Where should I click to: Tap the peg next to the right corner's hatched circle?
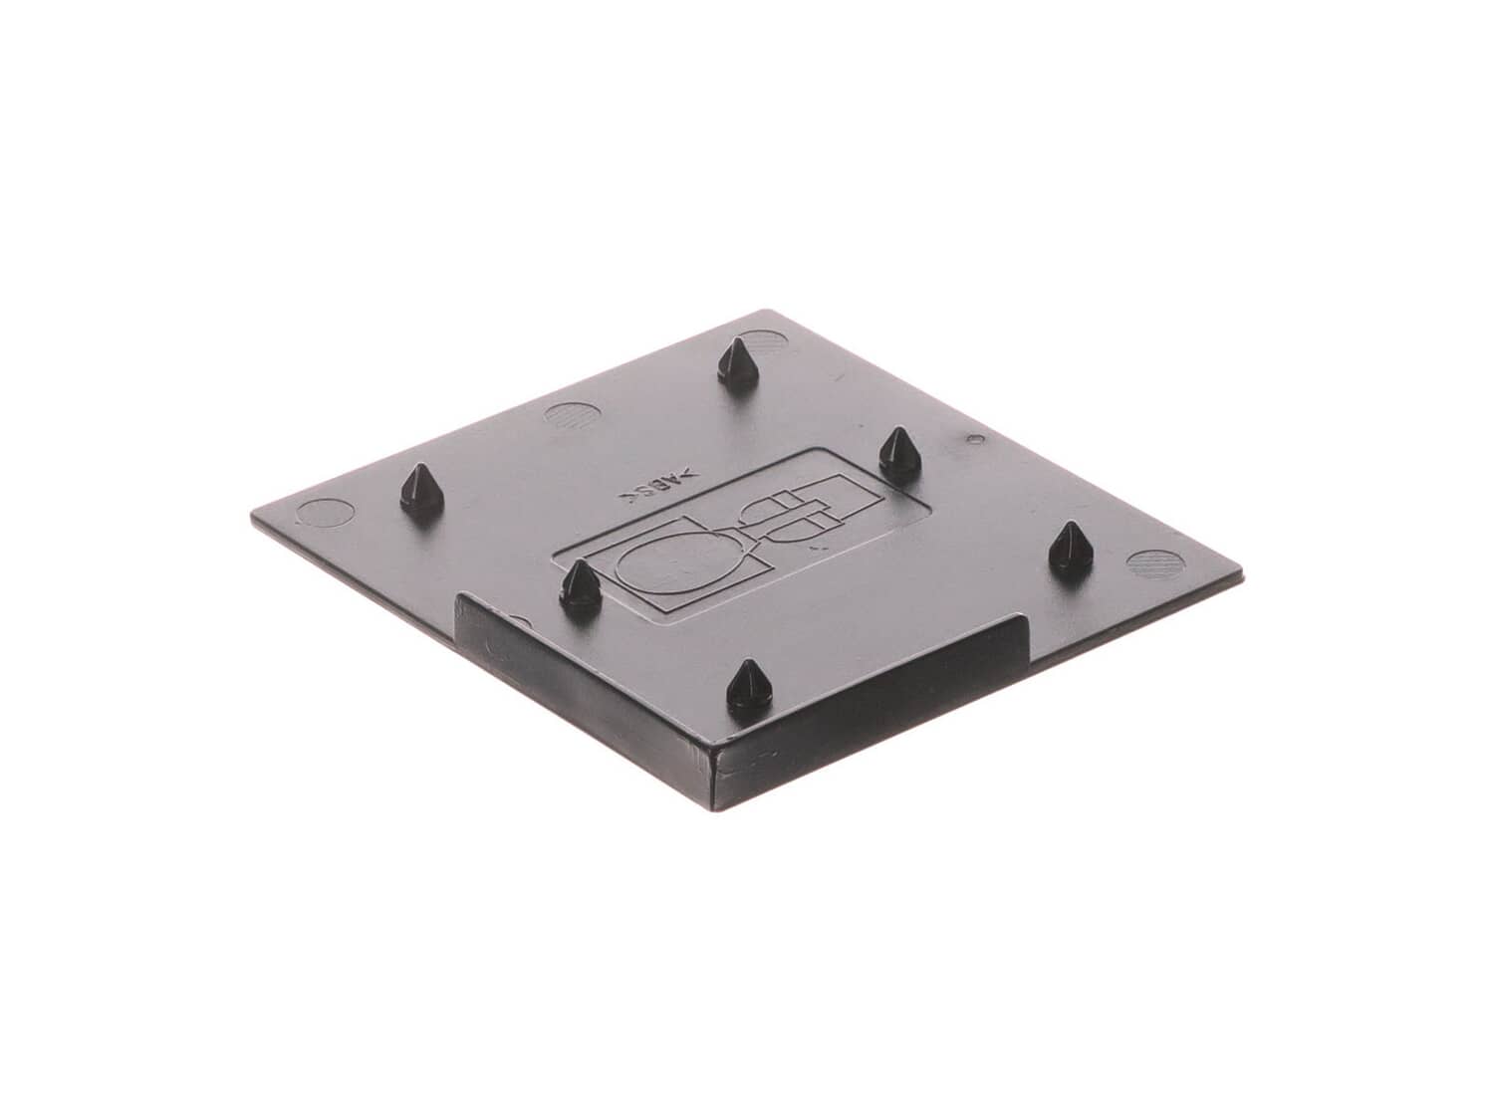click(1070, 554)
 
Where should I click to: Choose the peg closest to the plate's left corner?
click(421, 493)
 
